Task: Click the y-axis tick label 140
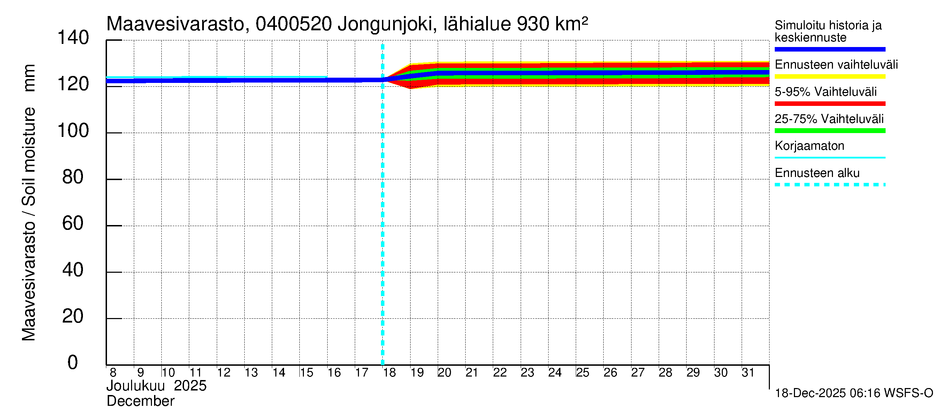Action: point(73,38)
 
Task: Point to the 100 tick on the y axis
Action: point(73,131)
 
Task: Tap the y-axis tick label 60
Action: point(73,223)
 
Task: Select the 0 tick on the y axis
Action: point(73,363)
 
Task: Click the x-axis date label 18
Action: point(389,373)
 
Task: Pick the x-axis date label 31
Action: point(748,373)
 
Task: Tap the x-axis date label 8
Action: point(113,373)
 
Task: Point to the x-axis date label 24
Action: point(555,373)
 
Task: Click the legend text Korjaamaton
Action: point(809,146)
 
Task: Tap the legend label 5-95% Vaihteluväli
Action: point(825,92)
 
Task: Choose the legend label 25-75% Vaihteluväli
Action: point(829,119)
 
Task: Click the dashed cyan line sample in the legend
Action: point(829,185)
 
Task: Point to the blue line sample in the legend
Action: point(829,49)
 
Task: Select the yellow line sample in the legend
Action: point(829,77)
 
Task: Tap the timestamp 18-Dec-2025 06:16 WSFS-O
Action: point(854,393)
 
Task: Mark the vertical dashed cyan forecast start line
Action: point(382,219)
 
